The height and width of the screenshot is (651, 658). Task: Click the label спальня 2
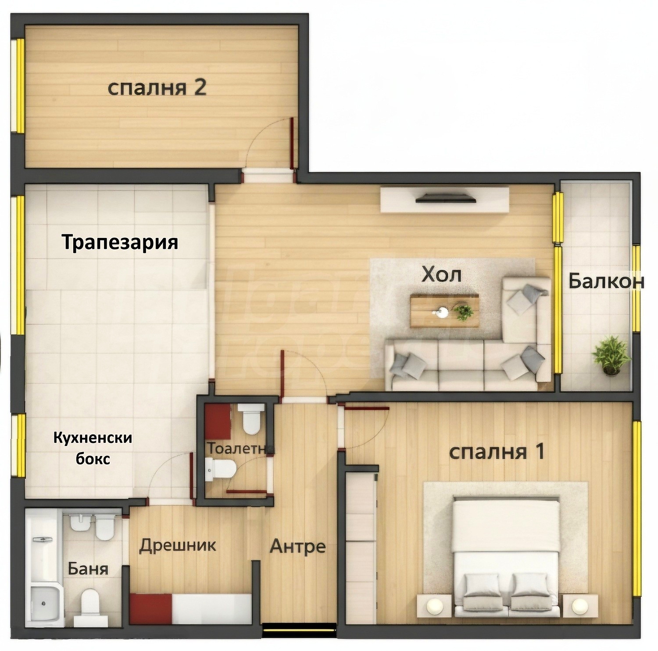point(157,88)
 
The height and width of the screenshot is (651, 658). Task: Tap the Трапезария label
point(120,242)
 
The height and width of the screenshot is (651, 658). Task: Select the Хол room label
point(441,275)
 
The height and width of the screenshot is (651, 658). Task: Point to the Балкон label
point(606,282)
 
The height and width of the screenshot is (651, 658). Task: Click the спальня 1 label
point(497,452)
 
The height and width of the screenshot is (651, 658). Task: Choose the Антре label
point(297,547)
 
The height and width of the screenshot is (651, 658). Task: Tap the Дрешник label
point(178,545)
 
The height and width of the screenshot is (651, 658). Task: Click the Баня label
point(88,569)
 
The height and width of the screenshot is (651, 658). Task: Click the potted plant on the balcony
point(611,355)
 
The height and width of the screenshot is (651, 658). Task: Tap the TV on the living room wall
point(446,199)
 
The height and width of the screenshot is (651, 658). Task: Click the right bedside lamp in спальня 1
point(580,606)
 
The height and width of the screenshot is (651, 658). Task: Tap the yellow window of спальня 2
point(19,86)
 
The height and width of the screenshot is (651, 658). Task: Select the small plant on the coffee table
point(464,312)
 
